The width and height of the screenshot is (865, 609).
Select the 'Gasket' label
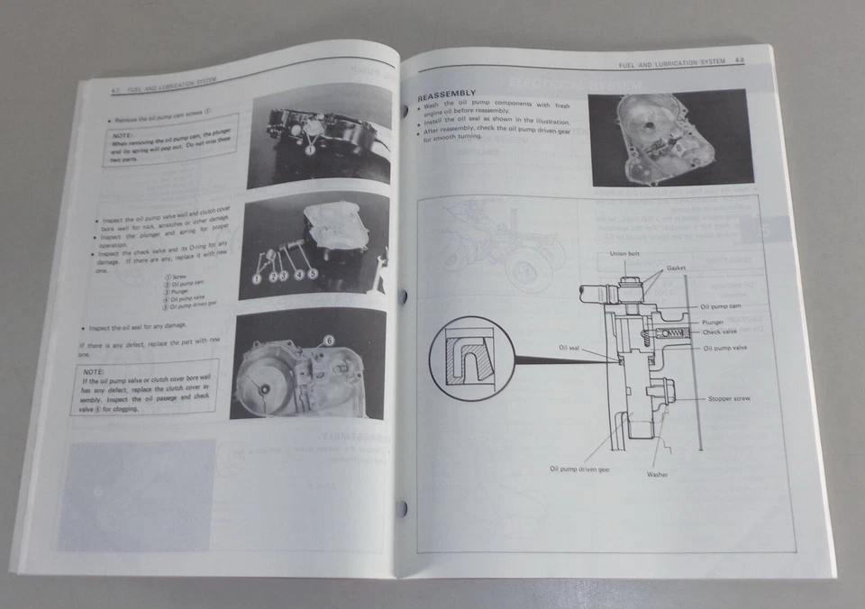677,268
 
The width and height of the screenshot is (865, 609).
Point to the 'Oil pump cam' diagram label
721,306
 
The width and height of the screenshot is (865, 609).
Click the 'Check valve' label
719,332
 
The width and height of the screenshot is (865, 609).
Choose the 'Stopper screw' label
729,397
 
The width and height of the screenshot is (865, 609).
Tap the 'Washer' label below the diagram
657,474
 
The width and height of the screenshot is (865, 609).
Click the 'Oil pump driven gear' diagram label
580,468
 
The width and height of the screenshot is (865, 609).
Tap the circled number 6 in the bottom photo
328,340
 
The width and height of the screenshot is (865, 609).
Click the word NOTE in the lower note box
93,371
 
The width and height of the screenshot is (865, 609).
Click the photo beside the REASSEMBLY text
669,137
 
